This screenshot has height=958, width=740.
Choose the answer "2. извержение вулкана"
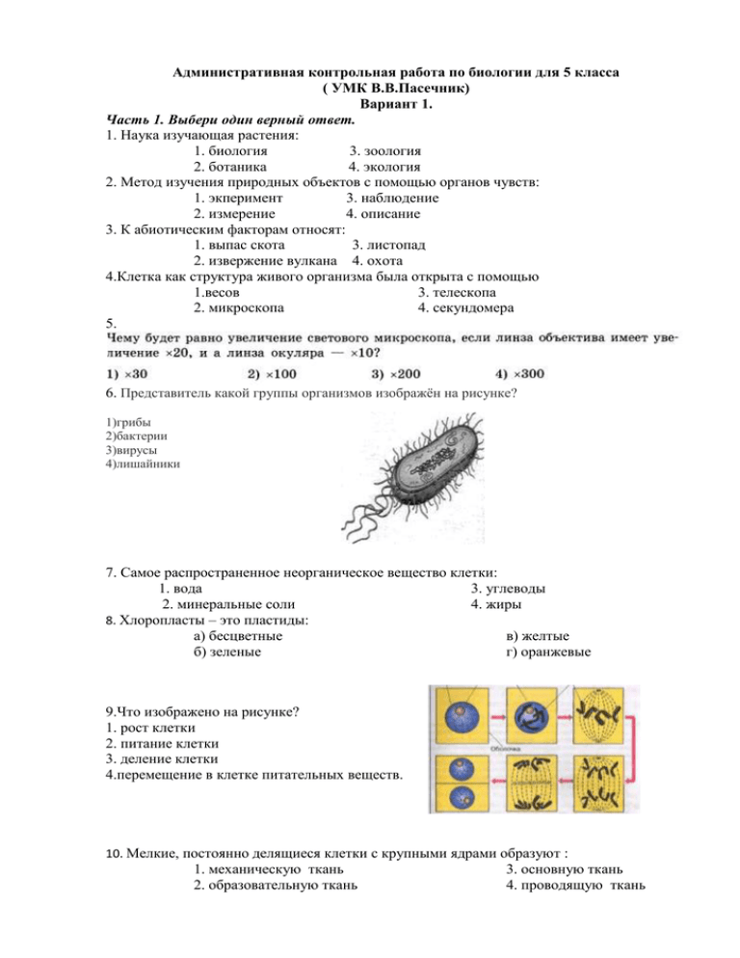click(x=265, y=260)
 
